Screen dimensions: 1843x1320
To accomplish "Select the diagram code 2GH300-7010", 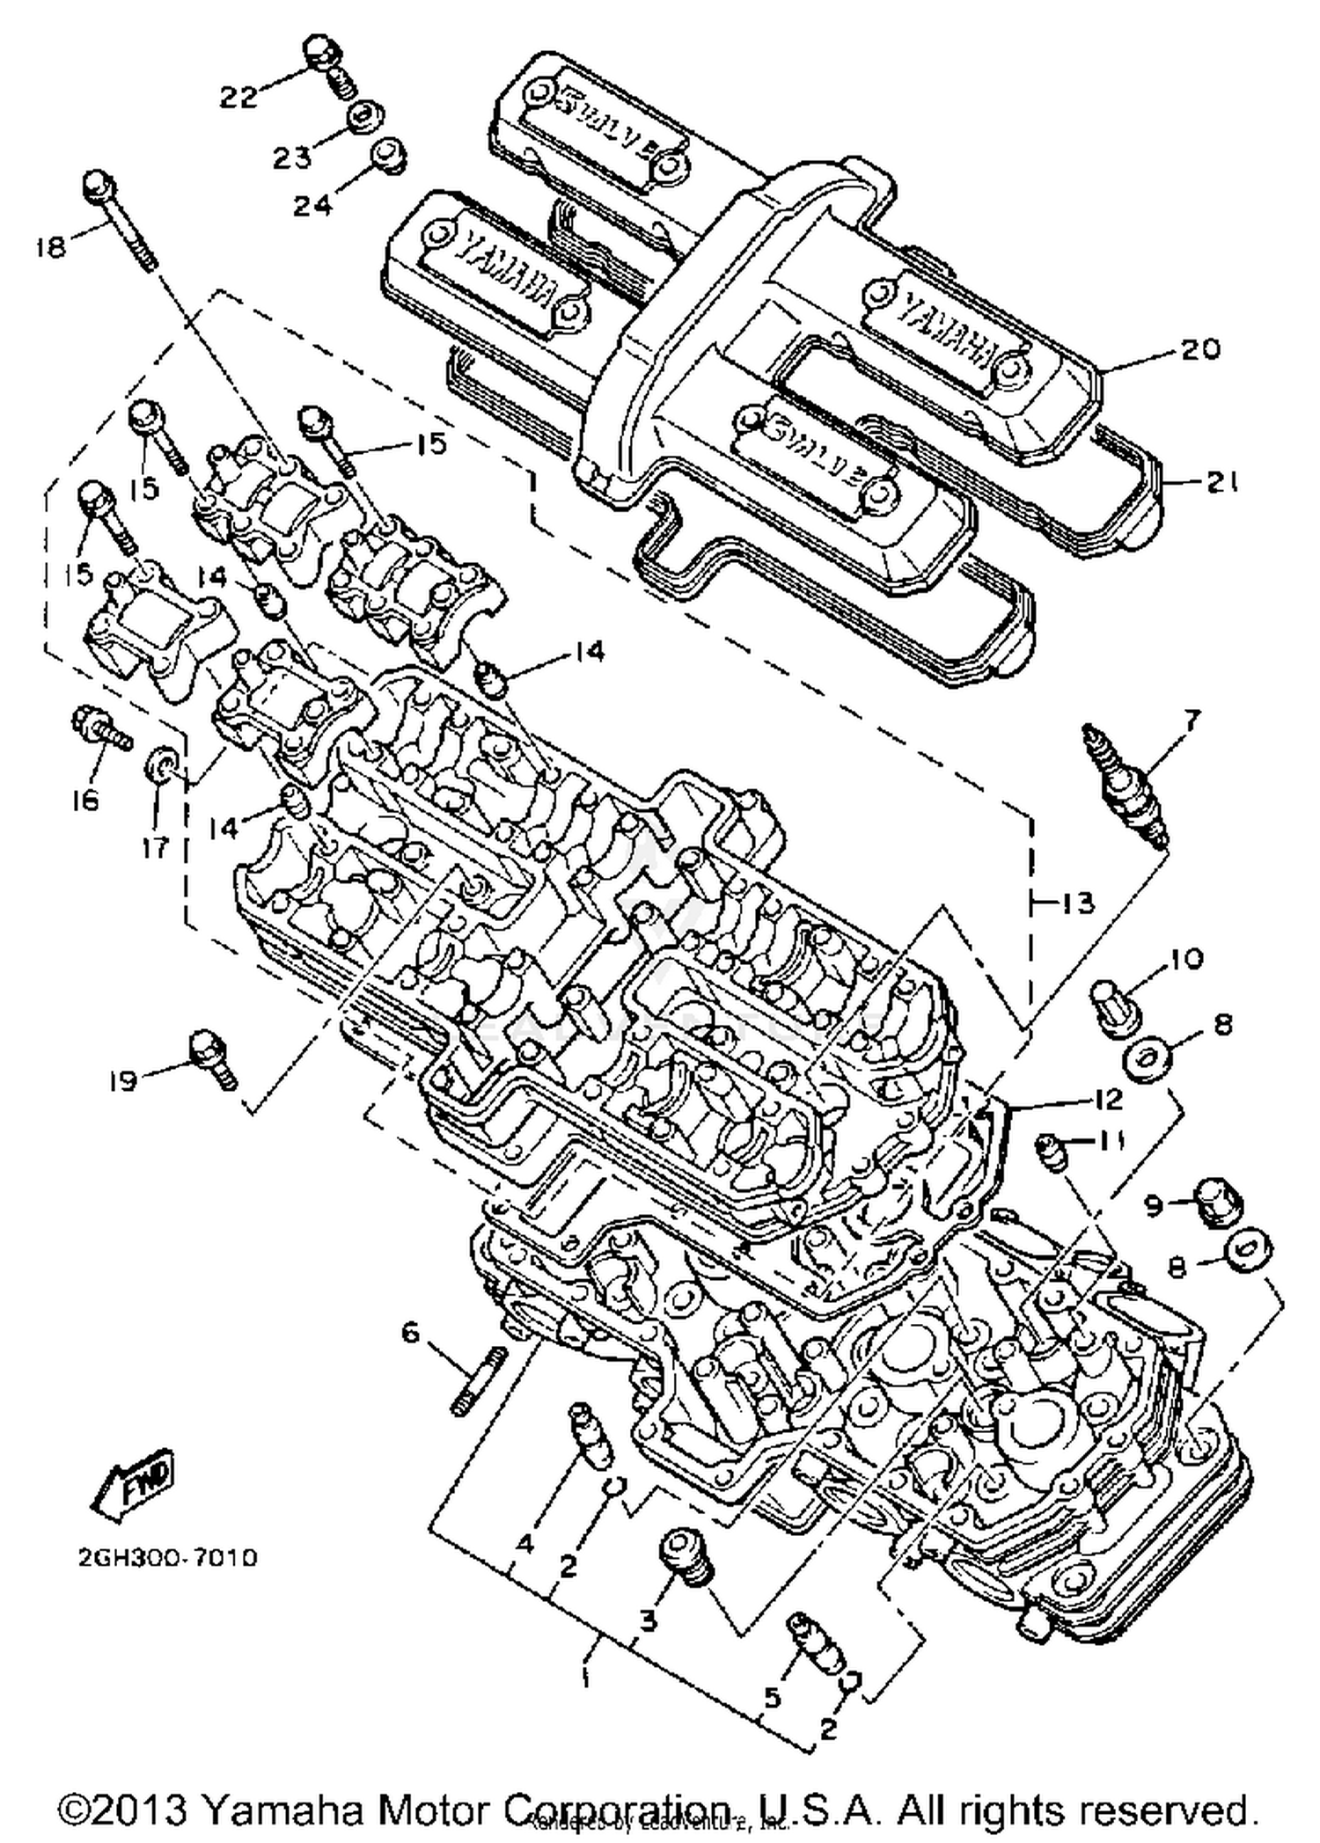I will click(167, 1558).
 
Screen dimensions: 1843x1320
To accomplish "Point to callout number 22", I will click(238, 96).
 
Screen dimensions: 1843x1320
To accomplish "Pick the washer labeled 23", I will click(360, 117).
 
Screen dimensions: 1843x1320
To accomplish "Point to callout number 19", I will click(124, 1080).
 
